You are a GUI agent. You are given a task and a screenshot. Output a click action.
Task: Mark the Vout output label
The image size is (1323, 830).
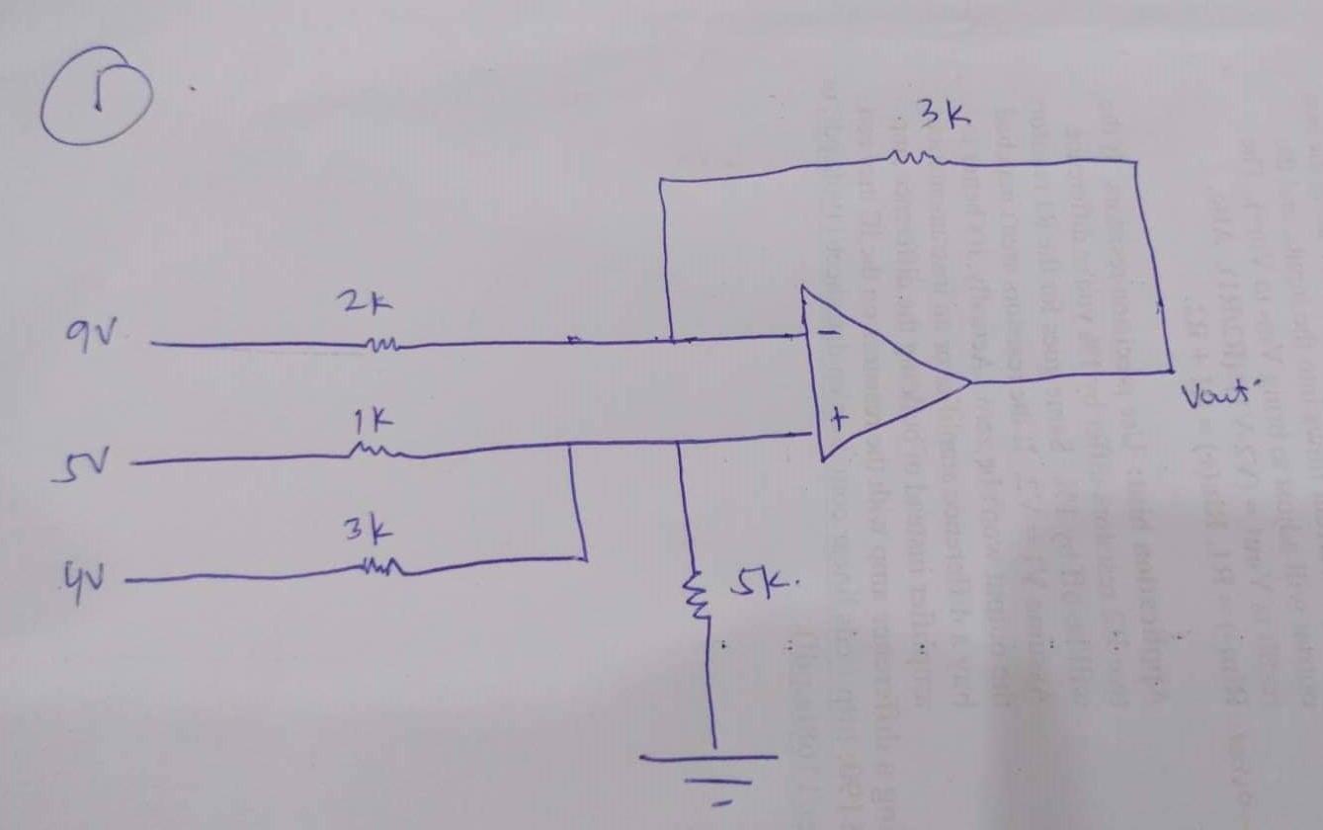pyautogui.click(x=1216, y=400)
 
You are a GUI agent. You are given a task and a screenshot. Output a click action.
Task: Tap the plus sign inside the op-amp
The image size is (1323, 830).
pyautogui.click(x=838, y=422)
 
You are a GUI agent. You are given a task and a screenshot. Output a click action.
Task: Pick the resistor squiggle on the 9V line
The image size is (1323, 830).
pyautogui.click(x=381, y=345)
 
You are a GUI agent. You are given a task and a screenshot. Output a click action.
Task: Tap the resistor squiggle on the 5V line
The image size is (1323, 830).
pyautogui.click(x=377, y=454)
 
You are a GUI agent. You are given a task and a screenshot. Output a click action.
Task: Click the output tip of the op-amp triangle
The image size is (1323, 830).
pyautogui.click(x=969, y=380)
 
